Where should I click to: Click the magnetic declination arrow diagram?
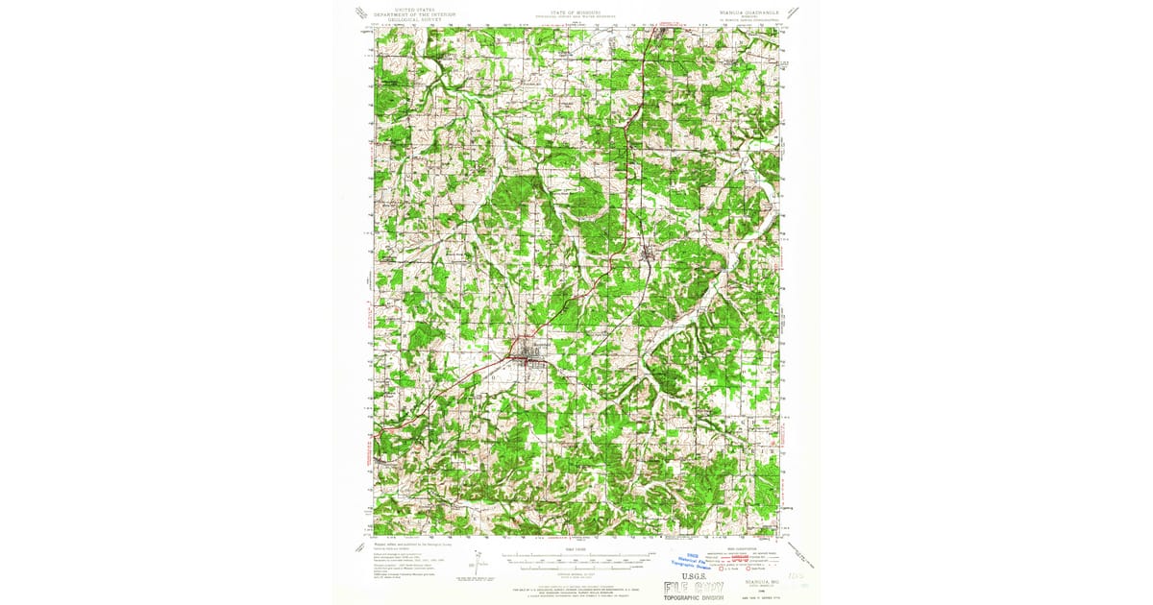tap(478, 560)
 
